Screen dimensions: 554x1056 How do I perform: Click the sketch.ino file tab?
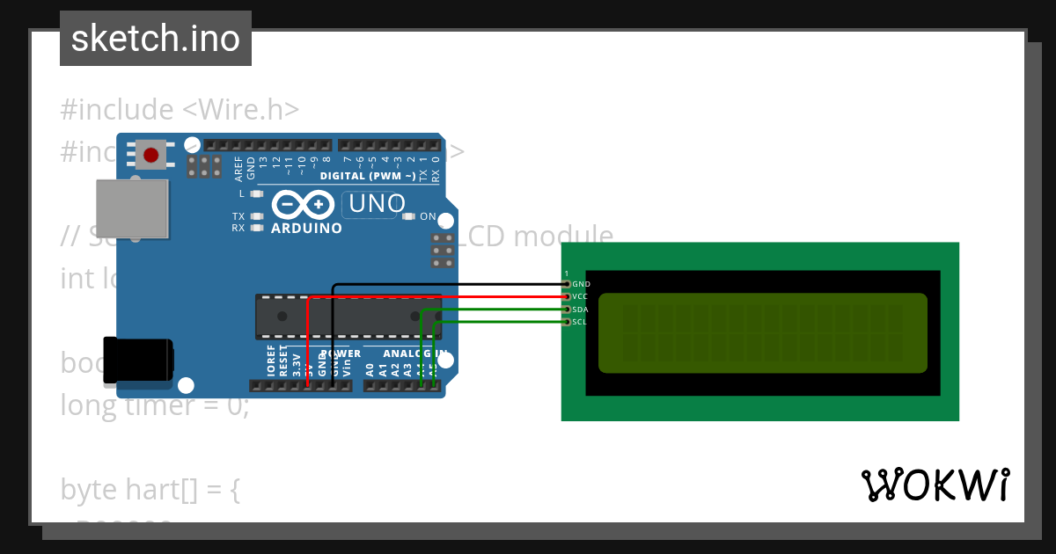[x=155, y=39]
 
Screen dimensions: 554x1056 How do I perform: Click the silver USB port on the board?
[x=131, y=208]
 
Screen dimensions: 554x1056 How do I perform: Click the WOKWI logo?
[x=935, y=485]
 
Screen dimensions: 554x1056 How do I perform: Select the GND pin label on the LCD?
[x=581, y=285]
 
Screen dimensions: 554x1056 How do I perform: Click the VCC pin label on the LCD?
[x=580, y=297]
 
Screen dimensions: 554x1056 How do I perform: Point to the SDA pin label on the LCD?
[x=580, y=310]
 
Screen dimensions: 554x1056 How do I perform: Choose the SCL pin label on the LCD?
[x=579, y=322]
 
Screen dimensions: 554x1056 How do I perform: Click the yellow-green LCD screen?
[x=762, y=333]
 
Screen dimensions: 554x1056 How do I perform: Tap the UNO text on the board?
[x=378, y=204]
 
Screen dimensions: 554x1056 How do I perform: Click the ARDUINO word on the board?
[x=306, y=228]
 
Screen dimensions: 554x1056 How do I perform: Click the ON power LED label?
[x=428, y=216]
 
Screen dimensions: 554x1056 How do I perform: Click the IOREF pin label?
[x=271, y=361]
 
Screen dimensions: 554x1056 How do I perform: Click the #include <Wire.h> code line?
[x=180, y=110]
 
